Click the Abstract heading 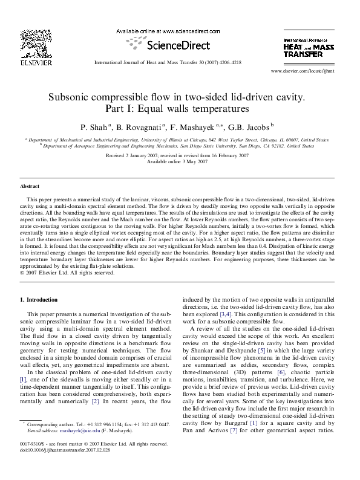click(x=30, y=187)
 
